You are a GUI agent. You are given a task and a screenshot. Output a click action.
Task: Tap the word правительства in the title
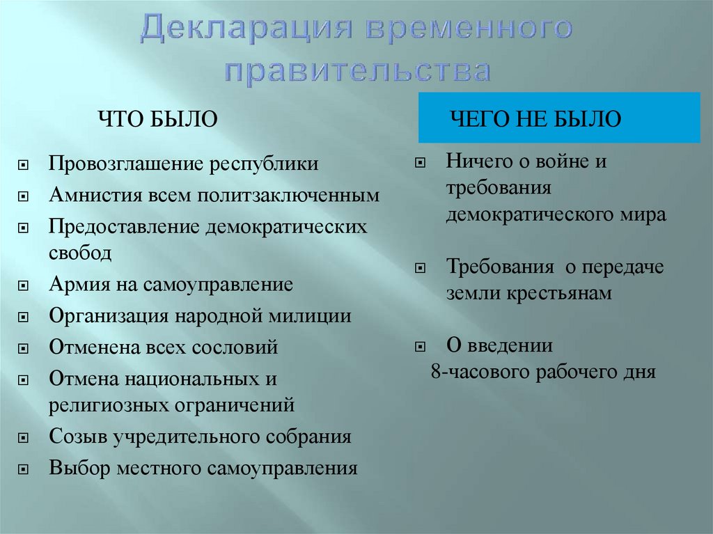click(x=357, y=71)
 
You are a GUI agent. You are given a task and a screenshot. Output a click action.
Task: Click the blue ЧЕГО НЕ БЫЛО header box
click(x=559, y=118)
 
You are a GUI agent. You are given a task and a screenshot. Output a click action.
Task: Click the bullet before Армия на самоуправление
click(x=24, y=286)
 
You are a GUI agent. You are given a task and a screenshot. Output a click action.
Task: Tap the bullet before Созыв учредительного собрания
click(x=24, y=439)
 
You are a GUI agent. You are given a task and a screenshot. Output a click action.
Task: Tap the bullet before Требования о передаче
click(x=421, y=268)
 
